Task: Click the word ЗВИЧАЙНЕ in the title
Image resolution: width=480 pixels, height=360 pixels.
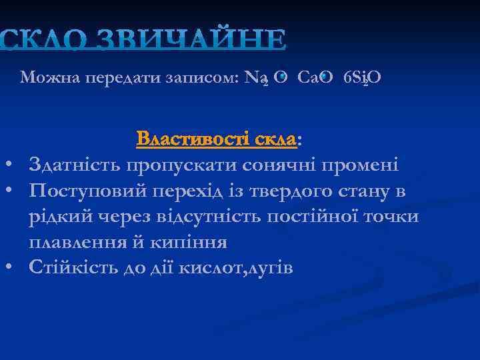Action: coord(193,39)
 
